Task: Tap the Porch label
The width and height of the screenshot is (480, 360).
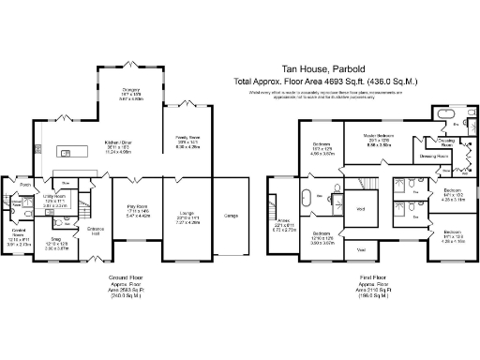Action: (25, 185)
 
